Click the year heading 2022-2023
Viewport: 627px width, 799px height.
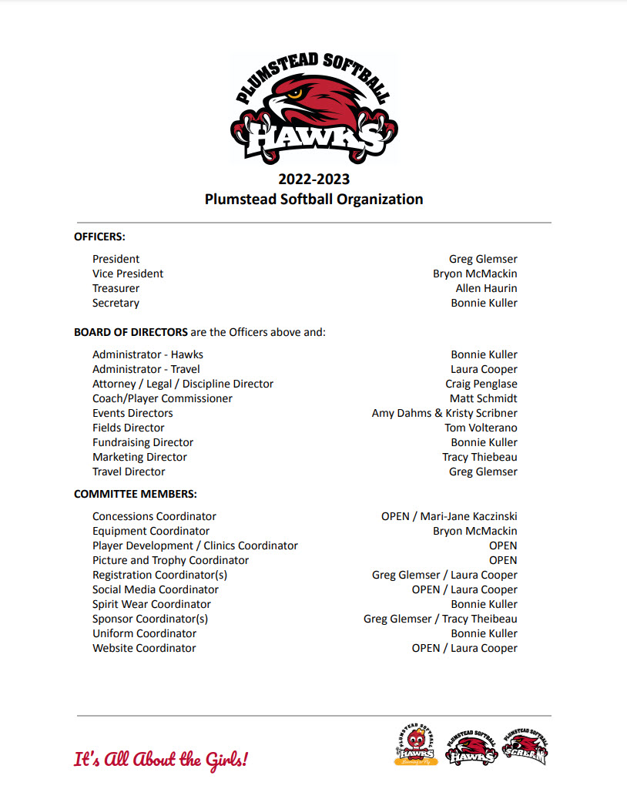(x=313, y=180)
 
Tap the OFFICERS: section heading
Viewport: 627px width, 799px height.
(x=99, y=237)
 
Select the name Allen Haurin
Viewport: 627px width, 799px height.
(x=486, y=288)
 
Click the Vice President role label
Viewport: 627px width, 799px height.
(x=128, y=274)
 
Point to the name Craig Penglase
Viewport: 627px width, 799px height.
(x=481, y=384)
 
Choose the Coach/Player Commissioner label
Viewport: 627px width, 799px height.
(x=162, y=398)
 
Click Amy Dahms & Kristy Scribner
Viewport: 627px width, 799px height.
(x=444, y=413)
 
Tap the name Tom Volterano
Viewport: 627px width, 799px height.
(x=481, y=428)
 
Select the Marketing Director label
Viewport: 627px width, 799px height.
(x=139, y=457)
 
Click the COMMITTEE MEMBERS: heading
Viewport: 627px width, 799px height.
(x=135, y=494)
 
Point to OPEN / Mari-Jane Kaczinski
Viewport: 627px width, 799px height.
(x=449, y=516)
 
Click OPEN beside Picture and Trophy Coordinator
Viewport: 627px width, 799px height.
(x=502, y=560)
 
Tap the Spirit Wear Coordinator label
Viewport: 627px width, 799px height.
(x=151, y=604)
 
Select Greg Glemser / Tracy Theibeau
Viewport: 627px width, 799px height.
(x=440, y=619)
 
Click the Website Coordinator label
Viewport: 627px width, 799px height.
(x=144, y=648)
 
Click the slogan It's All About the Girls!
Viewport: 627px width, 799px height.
(x=161, y=760)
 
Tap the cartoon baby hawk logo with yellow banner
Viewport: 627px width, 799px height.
(x=416, y=745)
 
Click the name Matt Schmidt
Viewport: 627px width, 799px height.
(x=483, y=398)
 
